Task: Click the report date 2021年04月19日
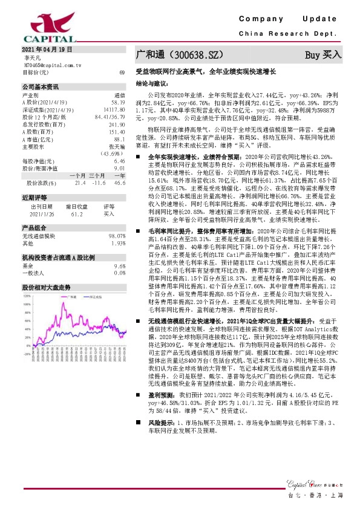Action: click(x=47, y=49)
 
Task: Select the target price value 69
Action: click(x=122, y=73)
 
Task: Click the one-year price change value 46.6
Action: click(x=119, y=182)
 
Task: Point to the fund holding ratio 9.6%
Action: click(x=119, y=265)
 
